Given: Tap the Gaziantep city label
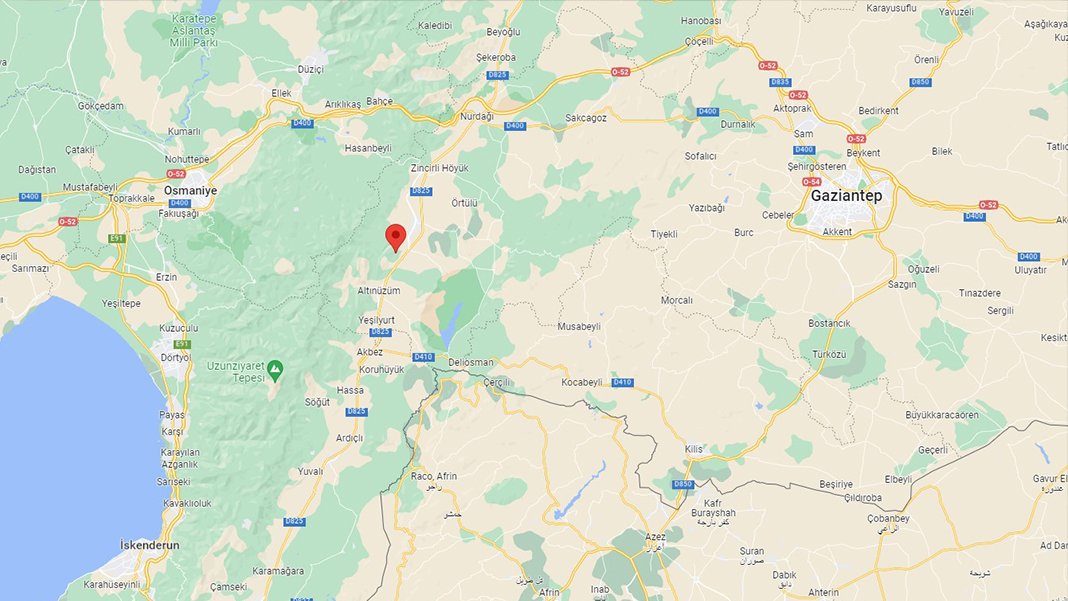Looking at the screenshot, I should click(846, 196).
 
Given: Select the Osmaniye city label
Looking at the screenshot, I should click(190, 189).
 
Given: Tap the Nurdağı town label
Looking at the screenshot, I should click(476, 116).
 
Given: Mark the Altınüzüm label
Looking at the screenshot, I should click(379, 290).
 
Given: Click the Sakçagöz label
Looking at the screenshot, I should click(586, 117).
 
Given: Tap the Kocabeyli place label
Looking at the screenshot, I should click(582, 382).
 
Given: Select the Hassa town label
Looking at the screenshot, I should click(350, 390).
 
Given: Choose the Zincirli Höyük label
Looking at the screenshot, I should click(440, 168).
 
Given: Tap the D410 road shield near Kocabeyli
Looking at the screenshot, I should click(622, 382).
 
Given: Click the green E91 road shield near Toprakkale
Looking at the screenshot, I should click(117, 238).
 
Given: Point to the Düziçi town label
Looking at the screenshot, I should click(312, 69).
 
